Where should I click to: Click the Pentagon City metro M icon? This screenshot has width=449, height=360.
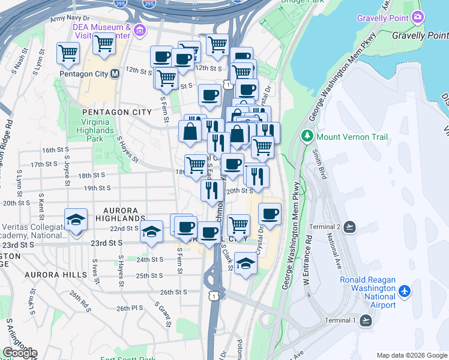click(x=115, y=74)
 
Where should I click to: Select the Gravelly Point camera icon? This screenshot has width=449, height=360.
click(x=417, y=17)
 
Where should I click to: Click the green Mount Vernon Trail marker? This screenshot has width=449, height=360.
click(x=308, y=136)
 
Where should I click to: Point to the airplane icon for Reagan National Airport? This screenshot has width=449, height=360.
click(x=405, y=292)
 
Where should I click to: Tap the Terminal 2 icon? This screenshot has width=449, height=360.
click(x=350, y=227)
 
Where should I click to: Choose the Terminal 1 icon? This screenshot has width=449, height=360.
click(x=364, y=320)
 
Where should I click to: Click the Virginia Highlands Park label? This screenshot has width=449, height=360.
click(x=94, y=130)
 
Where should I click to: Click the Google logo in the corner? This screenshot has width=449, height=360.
click(x=20, y=352)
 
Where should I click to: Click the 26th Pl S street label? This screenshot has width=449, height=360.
click(x=131, y=308)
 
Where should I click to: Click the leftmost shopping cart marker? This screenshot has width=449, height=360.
click(x=68, y=53)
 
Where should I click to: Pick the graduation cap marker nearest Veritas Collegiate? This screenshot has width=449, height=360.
click(x=76, y=220)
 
